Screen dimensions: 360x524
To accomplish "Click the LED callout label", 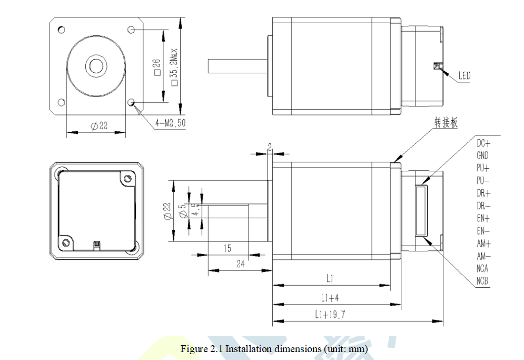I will [x=464, y=76].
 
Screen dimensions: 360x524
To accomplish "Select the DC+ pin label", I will [x=483, y=143].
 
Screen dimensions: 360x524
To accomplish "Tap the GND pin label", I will [x=482, y=155].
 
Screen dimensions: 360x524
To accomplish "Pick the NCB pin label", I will [x=482, y=281].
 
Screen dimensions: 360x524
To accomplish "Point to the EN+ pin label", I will [x=483, y=218].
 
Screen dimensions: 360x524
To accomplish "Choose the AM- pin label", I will [x=483, y=256].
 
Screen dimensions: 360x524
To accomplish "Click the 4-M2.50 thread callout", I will [x=170, y=124].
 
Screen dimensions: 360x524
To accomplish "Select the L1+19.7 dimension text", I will [x=330, y=315].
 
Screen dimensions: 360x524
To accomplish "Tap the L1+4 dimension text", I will [x=330, y=298].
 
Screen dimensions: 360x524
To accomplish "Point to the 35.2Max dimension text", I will [x=174, y=68].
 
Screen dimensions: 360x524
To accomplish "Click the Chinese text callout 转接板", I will [x=446, y=123].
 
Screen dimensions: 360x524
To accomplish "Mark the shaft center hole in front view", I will [x=96, y=65].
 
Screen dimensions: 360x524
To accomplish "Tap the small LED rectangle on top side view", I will [x=436, y=65].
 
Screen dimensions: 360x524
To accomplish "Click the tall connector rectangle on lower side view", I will [x=421, y=211].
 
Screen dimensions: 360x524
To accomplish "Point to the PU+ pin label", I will [x=483, y=168].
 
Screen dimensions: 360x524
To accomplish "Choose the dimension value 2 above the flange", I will [x=270, y=148].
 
